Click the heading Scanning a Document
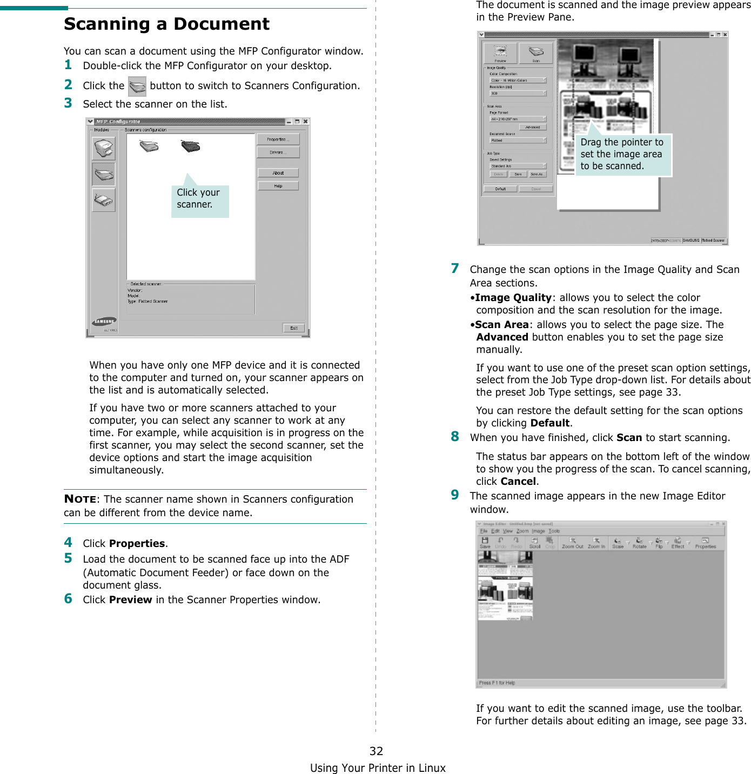pyautogui.click(x=166, y=24)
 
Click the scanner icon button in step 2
pyautogui.click(x=137, y=86)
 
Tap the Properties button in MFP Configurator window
pyautogui.click(x=278, y=139)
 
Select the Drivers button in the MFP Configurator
pyautogui.click(x=278, y=152)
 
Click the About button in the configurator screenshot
pyautogui.click(x=278, y=173)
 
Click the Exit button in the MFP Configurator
pyautogui.click(x=293, y=328)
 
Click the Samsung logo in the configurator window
pyautogui.click(x=105, y=322)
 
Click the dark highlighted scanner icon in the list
pyautogui.click(x=190, y=146)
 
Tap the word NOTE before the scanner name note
pyautogui.click(x=80, y=499)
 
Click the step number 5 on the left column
pyautogui.click(x=68, y=558)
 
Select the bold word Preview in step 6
pyautogui.click(x=130, y=599)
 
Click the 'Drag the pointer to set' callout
pyautogui.click(x=622, y=154)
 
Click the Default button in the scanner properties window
pyautogui.click(x=500, y=189)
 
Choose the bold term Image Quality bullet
pyautogui.click(x=513, y=297)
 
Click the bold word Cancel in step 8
pyautogui.click(x=518, y=481)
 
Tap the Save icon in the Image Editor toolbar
pyautogui.click(x=485, y=543)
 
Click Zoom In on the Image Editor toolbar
pyautogui.click(x=596, y=543)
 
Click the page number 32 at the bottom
pyautogui.click(x=376, y=751)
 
